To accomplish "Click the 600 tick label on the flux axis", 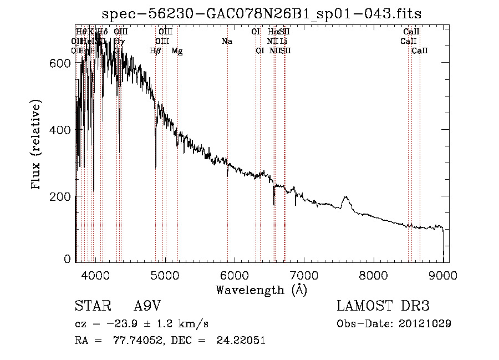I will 61,63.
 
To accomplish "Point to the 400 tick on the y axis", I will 61,130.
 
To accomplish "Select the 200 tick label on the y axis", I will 61,197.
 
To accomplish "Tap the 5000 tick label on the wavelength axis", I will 165,275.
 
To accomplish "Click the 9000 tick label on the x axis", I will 443,275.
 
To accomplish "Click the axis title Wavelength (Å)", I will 261,290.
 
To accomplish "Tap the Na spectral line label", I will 226,42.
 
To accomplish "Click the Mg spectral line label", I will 177,51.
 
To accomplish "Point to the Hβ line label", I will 155,51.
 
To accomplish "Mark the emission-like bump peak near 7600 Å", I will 347,197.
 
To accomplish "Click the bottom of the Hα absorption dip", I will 274,205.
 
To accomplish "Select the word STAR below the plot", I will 92,306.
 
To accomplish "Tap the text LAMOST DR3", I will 383,306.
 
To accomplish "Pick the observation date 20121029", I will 425,323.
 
